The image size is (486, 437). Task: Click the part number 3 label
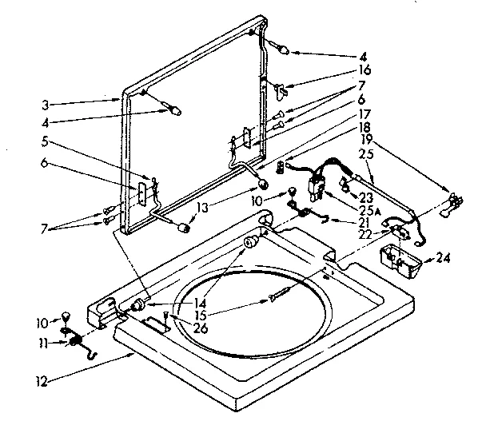click(46, 103)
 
